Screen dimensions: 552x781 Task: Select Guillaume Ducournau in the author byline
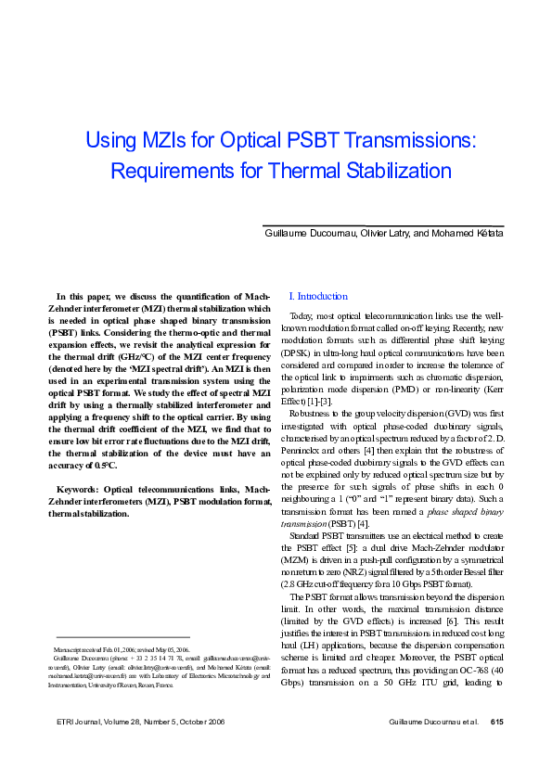coord(303,233)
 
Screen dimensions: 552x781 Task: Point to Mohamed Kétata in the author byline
coord(466,233)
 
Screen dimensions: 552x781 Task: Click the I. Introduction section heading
coord(318,297)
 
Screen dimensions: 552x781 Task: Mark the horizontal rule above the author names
coord(383,225)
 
